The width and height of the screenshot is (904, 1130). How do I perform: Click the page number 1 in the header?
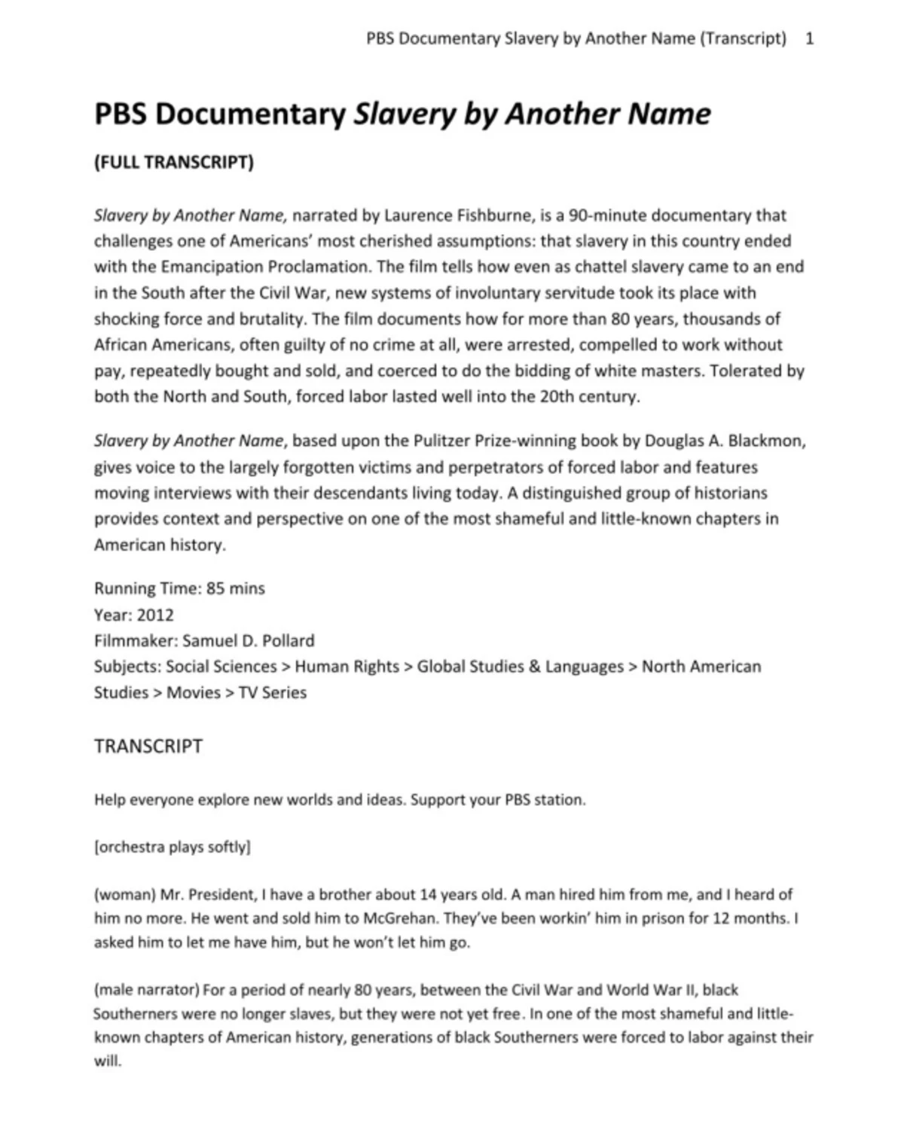tap(810, 38)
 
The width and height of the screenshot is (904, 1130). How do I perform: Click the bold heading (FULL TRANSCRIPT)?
tap(173, 162)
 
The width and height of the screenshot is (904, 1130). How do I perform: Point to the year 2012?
tap(155, 615)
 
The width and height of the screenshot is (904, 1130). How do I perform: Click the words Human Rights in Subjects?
tap(347, 667)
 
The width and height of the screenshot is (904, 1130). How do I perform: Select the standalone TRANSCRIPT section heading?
tap(148, 747)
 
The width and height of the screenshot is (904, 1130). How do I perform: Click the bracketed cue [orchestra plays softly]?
tap(173, 847)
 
